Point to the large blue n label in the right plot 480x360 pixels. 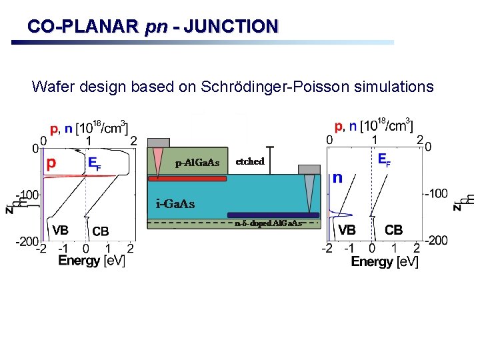(338, 177)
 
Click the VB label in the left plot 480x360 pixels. (60, 230)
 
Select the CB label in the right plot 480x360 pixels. (394, 230)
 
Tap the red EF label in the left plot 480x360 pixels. (94, 163)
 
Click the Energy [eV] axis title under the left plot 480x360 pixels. (92, 261)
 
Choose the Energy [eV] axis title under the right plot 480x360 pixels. (385, 261)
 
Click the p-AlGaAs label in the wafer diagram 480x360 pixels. (197, 163)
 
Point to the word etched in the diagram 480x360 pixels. (250, 161)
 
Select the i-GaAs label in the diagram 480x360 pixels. (175, 203)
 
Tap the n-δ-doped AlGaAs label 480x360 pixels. (269, 223)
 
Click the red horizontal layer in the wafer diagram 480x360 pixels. (187, 179)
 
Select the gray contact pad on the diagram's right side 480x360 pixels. (309, 169)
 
